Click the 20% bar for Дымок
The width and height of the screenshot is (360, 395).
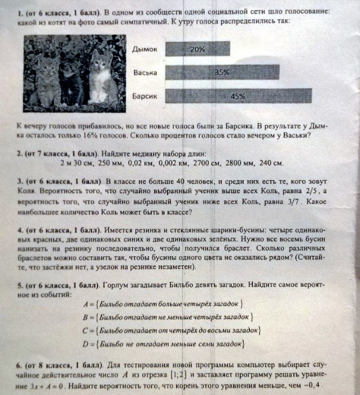point(197,49)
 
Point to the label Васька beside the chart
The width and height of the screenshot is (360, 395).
point(146,73)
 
